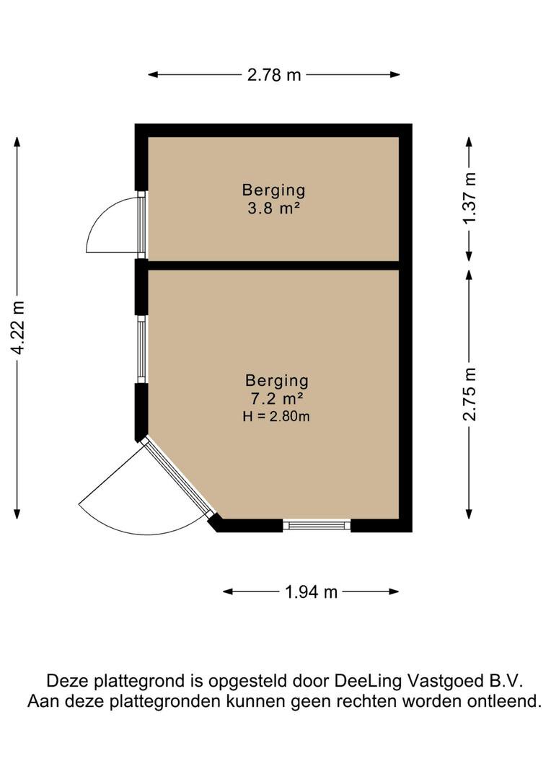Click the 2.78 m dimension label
(274, 74)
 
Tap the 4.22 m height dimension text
(19, 327)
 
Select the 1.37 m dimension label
(470, 198)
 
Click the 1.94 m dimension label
(311, 592)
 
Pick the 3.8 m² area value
(273, 208)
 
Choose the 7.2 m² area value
(276, 397)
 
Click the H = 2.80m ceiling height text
(276, 415)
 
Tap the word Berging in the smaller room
(273, 190)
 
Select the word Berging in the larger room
(276, 380)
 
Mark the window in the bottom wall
(317, 525)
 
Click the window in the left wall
(141, 350)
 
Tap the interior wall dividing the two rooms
(274, 265)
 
